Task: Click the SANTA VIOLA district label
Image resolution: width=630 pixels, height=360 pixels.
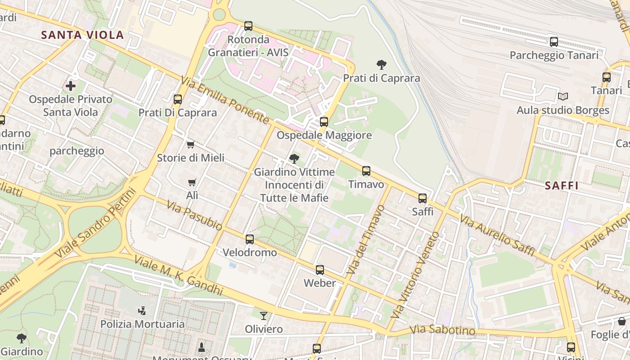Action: (x=82, y=35)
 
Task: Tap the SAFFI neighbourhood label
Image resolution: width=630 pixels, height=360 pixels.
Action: (x=561, y=185)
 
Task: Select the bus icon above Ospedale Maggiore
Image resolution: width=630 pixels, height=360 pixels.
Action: (x=324, y=121)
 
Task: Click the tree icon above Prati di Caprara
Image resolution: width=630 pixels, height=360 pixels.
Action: (x=381, y=65)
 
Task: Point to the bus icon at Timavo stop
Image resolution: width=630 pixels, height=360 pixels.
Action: (x=366, y=171)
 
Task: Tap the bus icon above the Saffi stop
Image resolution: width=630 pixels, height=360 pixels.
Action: (x=422, y=198)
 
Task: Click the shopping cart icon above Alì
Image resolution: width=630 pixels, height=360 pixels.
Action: (x=192, y=182)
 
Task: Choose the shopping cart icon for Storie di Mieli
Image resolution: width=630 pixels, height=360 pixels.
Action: (x=190, y=144)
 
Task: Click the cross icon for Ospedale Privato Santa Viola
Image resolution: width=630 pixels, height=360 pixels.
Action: (x=71, y=85)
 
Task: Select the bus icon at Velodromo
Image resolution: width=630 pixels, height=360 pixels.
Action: (x=250, y=239)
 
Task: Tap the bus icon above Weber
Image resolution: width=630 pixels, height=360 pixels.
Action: (x=319, y=270)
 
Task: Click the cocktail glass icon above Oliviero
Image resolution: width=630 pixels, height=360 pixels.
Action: (x=264, y=316)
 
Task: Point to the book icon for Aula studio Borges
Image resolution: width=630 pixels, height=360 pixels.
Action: (x=562, y=96)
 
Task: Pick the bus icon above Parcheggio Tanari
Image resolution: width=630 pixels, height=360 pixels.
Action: (x=554, y=42)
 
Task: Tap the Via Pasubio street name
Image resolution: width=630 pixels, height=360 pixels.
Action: (x=194, y=216)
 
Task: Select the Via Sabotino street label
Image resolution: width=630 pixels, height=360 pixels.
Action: (x=442, y=330)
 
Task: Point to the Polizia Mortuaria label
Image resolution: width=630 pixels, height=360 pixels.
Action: (x=142, y=324)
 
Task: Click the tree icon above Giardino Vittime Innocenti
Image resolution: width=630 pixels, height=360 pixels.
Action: (x=294, y=158)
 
